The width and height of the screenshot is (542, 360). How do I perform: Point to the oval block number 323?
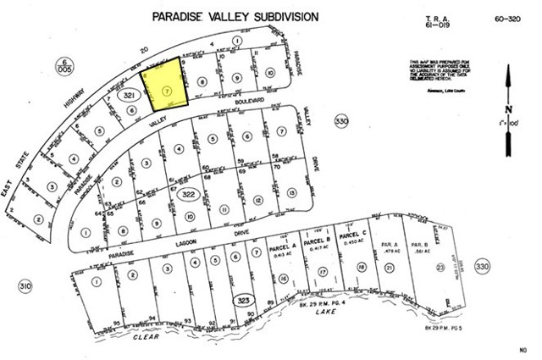coord(244,300)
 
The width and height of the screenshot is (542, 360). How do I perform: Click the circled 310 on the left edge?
coord(25,287)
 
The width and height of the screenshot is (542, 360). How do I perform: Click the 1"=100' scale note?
coord(506,125)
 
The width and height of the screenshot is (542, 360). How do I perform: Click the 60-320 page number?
coord(505,17)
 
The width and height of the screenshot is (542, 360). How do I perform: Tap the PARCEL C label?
coord(351,235)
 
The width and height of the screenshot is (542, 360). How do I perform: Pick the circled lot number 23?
coord(440,268)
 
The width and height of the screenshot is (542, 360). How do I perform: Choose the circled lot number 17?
coord(323,272)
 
